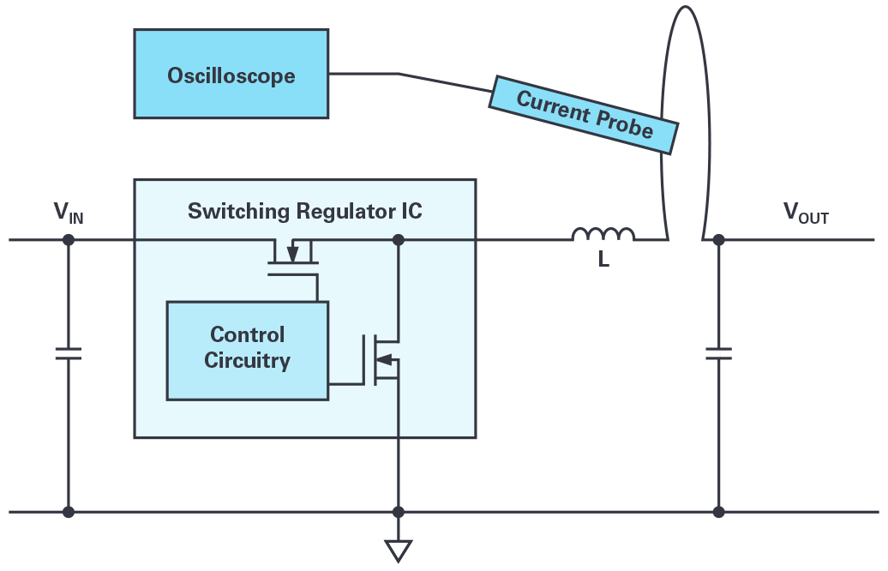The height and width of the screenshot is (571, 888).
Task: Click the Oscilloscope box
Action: [231, 74]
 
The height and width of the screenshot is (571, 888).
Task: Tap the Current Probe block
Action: [584, 113]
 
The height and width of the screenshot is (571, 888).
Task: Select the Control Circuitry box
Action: [247, 350]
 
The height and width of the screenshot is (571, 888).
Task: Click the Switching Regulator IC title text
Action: [304, 211]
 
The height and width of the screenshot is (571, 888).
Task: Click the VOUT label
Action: [806, 214]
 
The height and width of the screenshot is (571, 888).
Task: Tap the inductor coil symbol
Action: [603, 234]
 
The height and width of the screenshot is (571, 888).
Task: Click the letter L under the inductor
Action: [603, 261]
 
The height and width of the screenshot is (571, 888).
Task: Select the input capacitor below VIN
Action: [69, 352]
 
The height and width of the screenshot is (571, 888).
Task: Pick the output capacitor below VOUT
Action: [718, 352]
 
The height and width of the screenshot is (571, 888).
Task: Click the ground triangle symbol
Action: [398, 550]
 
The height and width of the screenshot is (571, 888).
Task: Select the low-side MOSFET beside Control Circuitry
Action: [386, 358]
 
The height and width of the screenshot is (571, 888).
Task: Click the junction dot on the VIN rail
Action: [69, 239]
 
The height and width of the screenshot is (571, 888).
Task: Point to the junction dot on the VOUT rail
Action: [718, 239]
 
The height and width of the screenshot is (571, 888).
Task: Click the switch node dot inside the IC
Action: [398, 239]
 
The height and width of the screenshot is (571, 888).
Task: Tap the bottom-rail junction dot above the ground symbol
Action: [398, 512]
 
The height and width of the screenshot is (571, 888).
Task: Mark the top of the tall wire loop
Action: [684, 9]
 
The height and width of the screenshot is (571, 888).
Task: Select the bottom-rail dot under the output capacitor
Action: [718, 512]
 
